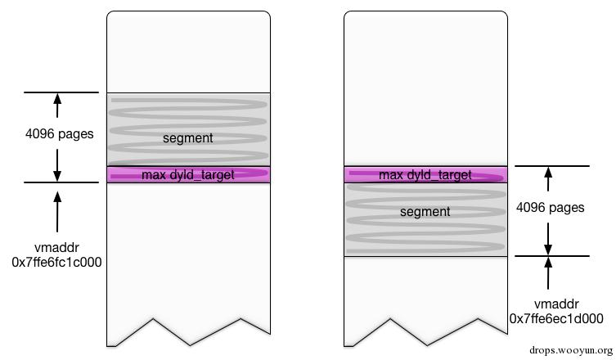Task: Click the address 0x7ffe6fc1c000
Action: [x=57, y=262]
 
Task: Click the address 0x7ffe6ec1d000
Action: [x=556, y=318]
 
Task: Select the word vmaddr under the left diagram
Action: [x=57, y=248]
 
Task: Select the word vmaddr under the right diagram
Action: [x=556, y=304]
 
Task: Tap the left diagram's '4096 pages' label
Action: [x=60, y=134]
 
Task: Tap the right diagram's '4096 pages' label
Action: [x=550, y=208]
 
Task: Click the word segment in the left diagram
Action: [x=188, y=138]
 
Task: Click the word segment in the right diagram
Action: [x=425, y=212]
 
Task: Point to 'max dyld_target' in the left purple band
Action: [x=188, y=175]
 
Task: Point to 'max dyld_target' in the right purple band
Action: [x=425, y=175]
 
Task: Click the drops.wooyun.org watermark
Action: [x=571, y=350]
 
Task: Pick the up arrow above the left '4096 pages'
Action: [x=57, y=106]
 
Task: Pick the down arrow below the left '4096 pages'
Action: [x=57, y=165]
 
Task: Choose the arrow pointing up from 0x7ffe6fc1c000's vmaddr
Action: [x=57, y=211]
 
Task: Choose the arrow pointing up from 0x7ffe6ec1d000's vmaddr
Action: [x=548, y=273]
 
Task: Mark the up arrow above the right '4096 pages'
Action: [x=548, y=179]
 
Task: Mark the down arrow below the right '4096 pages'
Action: [x=548, y=239]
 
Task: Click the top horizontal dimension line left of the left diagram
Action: [x=61, y=92]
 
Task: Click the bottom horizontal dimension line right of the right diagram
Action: [x=552, y=256]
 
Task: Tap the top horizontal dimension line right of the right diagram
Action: [x=552, y=166]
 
